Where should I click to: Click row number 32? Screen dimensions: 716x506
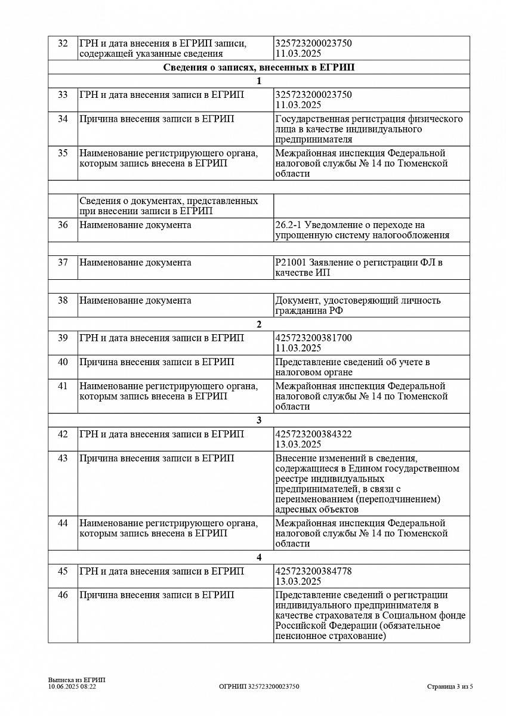click(x=63, y=44)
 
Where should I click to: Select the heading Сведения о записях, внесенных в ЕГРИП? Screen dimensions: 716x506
click(x=258, y=67)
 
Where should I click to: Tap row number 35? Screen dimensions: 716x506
click(x=63, y=153)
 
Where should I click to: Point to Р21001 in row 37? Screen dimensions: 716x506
click(x=291, y=263)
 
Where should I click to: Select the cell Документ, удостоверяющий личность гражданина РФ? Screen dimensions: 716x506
click(x=358, y=305)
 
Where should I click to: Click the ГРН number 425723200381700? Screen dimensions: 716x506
click(x=314, y=338)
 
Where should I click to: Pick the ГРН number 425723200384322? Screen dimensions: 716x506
click(x=314, y=434)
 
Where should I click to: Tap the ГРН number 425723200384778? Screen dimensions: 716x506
click(x=314, y=571)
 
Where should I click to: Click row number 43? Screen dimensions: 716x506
click(x=63, y=458)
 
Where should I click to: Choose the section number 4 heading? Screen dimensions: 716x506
click(x=259, y=558)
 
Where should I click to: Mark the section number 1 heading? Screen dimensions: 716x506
click(x=259, y=81)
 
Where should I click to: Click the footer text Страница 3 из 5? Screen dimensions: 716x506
click(x=450, y=686)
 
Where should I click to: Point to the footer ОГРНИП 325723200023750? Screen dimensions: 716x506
click(x=259, y=686)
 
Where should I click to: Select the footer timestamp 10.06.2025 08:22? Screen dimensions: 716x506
click(x=72, y=686)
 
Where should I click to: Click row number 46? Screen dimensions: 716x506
click(x=63, y=595)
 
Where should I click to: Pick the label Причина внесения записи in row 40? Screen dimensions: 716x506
click(x=157, y=362)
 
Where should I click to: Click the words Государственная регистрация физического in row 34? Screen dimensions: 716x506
click(x=369, y=119)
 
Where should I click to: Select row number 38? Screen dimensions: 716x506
click(x=63, y=300)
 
